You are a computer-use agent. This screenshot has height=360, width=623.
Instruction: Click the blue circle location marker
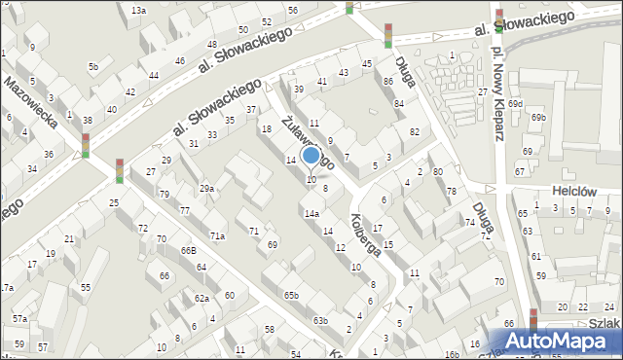coord(311,155)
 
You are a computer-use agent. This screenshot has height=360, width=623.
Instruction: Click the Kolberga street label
coord(365,234)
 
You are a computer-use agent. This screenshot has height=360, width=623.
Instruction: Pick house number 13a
coord(138,10)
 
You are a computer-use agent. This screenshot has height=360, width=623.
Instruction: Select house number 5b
coord(93,66)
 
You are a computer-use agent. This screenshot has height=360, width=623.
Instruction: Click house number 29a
coord(206,188)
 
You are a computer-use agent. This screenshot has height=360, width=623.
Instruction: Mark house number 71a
coord(218,235)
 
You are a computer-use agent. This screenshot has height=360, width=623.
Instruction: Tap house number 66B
coord(188,250)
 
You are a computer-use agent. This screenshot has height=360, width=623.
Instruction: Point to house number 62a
coord(201,298)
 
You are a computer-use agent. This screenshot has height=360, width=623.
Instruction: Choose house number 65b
coord(291,294)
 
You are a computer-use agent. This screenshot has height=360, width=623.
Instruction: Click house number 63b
coord(319,320)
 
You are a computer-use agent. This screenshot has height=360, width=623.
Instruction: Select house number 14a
coord(311,213)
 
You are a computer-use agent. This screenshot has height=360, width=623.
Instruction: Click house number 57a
coord(19,318)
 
